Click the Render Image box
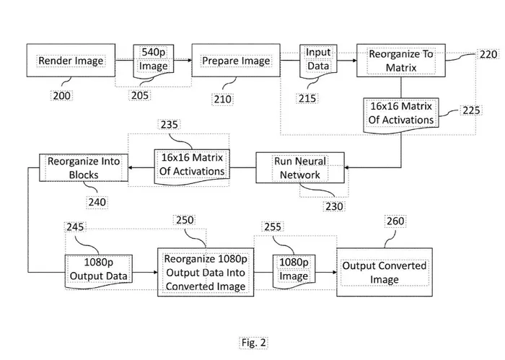[71, 60]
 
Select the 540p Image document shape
[154, 61]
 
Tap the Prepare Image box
[236, 60]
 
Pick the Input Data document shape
[318, 61]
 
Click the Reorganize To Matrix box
[401, 60]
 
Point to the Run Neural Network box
[300, 168]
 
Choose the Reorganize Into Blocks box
[84, 168]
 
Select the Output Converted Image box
[385, 272]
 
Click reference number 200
[62, 96]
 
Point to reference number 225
[472, 110]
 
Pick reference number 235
[169, 125]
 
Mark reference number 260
[395, 221]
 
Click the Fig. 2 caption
[254, 343]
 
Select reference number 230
[334, 206]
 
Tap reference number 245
[75, 227]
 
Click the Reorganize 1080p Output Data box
[206, 272]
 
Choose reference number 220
[488, 54]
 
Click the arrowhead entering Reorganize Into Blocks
[130, 167]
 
